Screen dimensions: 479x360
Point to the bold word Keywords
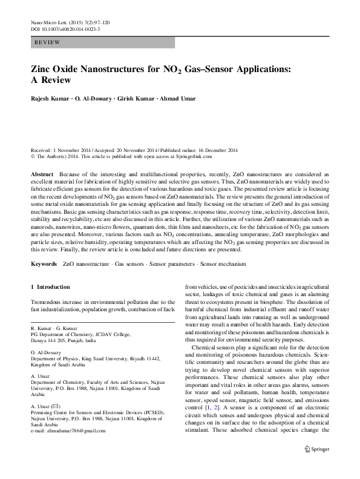(x=45, y=265)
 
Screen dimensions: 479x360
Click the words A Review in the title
(x=51, y=81)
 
